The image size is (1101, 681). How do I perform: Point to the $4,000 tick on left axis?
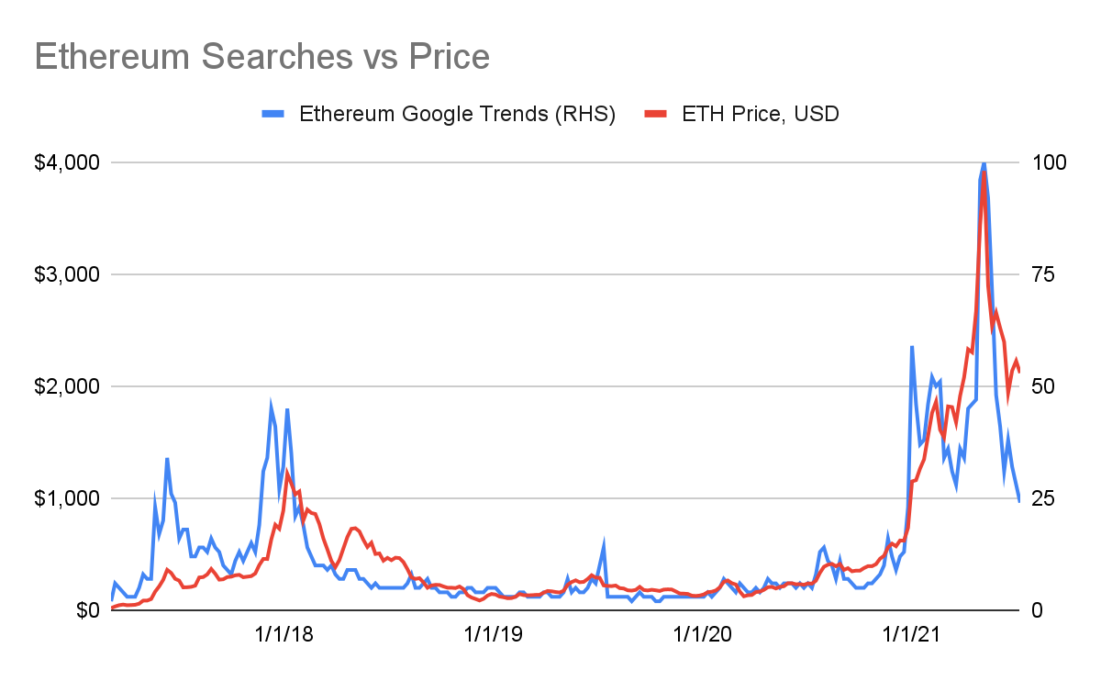coord(67,162)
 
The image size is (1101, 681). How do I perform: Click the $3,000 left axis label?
coord(67,274)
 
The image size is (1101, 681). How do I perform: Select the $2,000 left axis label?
coord(67,386)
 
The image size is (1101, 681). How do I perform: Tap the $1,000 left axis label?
coord(67,498)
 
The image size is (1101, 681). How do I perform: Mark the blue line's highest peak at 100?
coord(984,163)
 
